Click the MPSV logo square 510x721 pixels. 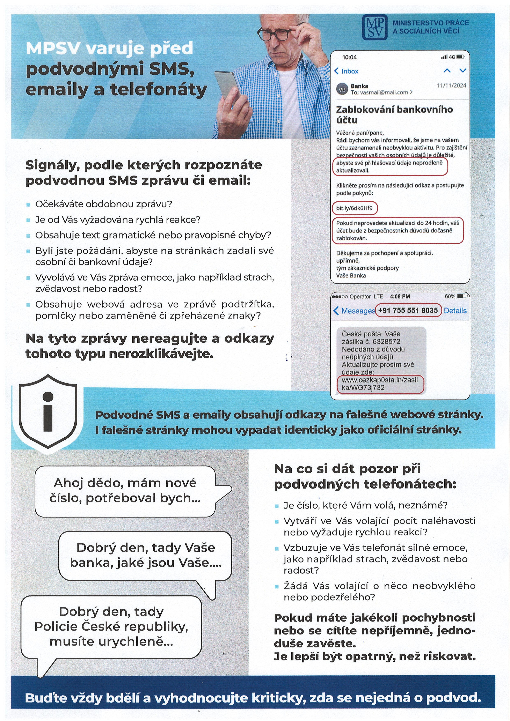tap(374, 27)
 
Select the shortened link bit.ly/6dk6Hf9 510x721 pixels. tap(354, 208)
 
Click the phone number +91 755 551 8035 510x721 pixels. tap(408, 311)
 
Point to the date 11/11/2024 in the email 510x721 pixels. tap(451, 86)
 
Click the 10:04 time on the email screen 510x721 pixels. tap(349, 57)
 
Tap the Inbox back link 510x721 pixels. tap(346, 71)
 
